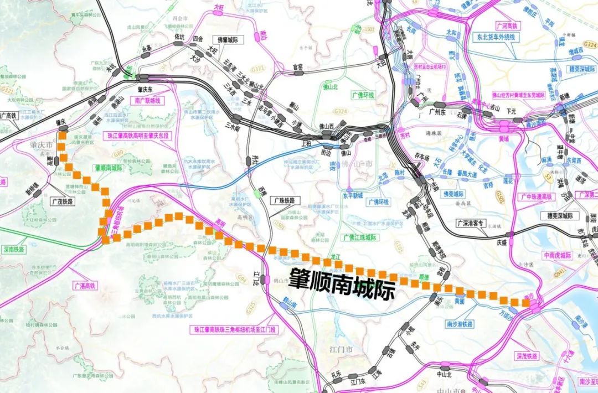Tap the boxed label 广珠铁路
pyautogui.click(x=285, y=200)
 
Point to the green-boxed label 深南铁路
pyautogui.click(x=13, y=250)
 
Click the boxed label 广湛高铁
pyautogui.click(x=85, y=286)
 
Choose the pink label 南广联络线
pyautogui.click(x=147, y=101)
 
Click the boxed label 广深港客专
pyautogui.click(x=471, y=223)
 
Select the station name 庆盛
pyautogui.click(x=501, y=241)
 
